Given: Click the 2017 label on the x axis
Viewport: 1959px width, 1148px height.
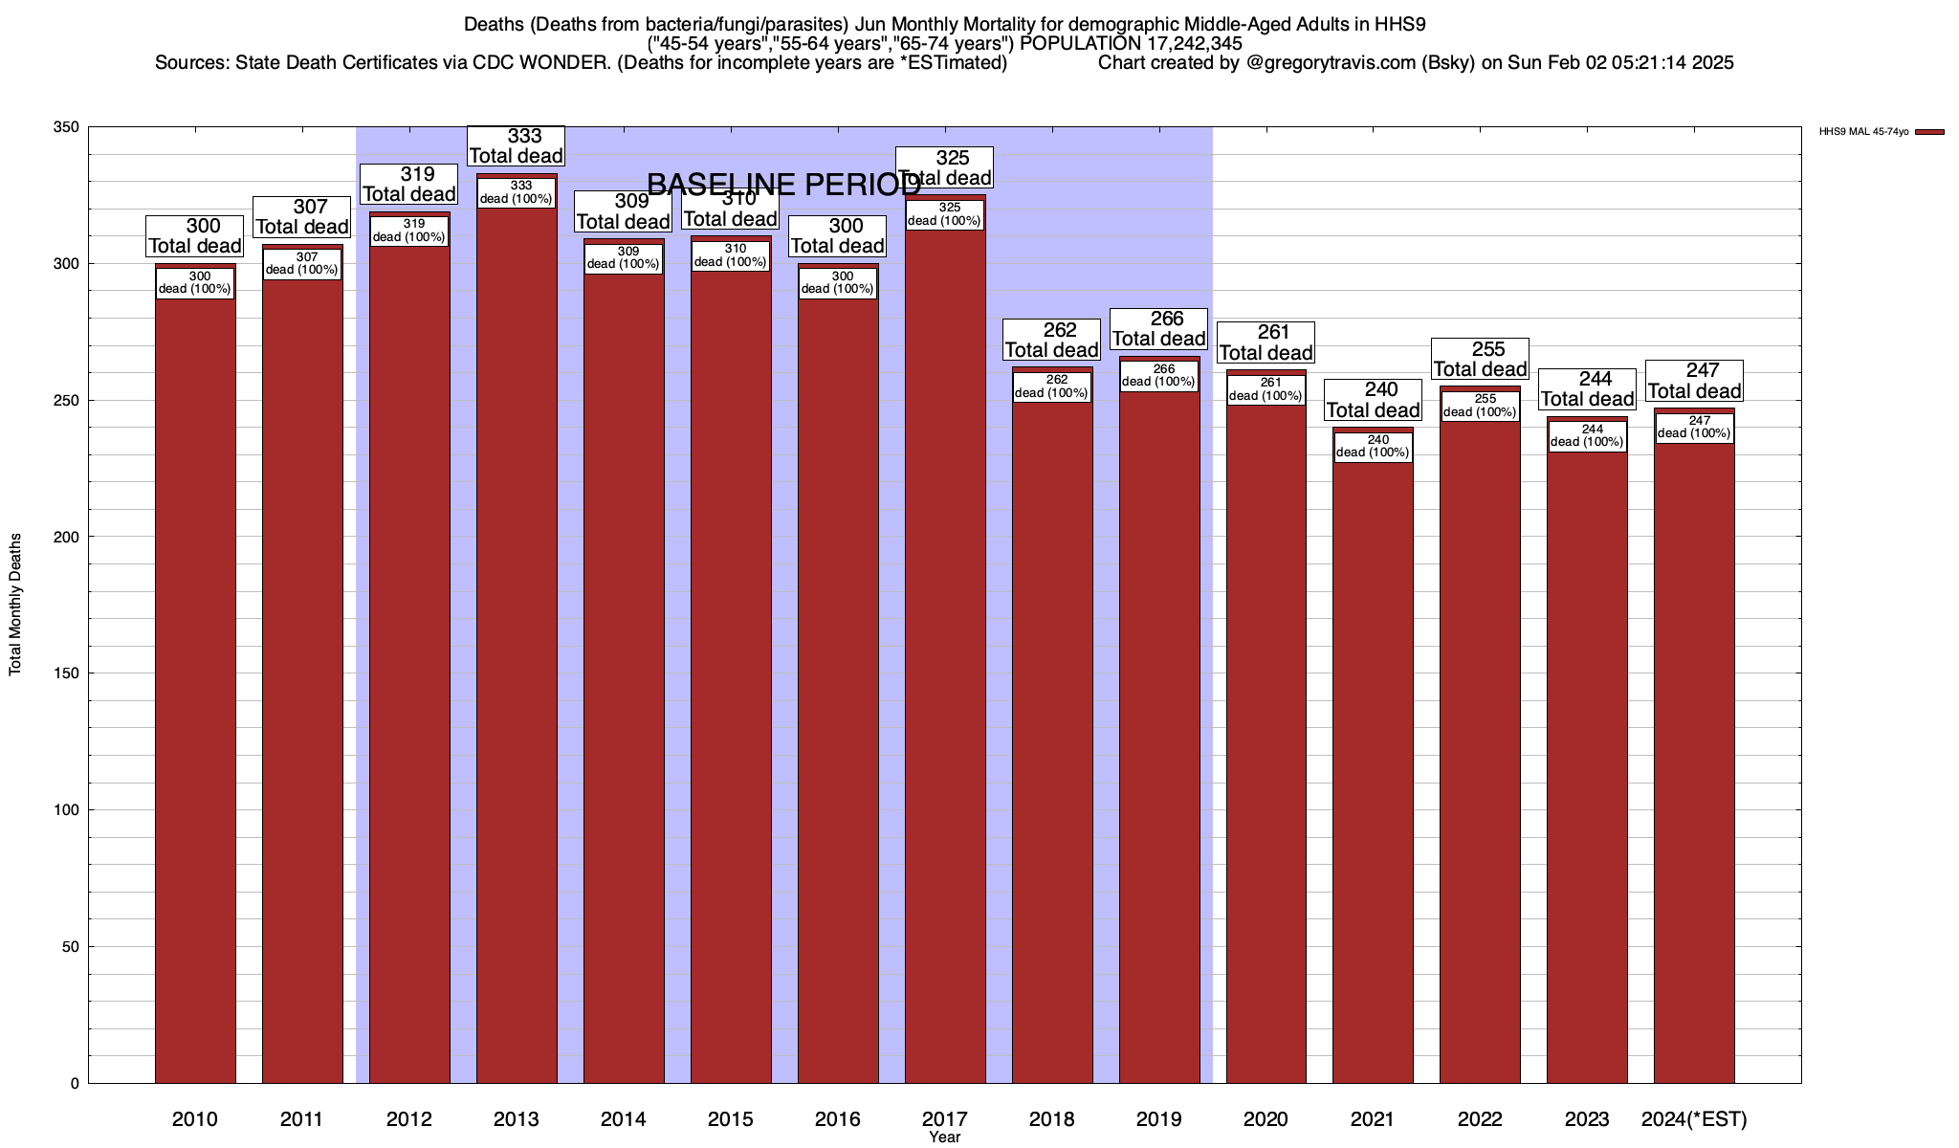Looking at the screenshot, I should (944, 1118).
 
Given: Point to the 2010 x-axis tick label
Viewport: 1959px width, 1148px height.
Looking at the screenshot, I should (195, 1118).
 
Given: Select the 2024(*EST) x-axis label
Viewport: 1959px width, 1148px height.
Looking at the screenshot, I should (1694, 1118).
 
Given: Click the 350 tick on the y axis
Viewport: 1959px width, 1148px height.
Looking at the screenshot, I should (67, 127).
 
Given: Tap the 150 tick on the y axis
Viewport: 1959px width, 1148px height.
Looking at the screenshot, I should (67, 673).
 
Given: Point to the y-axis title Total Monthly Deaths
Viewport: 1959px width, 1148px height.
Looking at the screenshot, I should (15, 605).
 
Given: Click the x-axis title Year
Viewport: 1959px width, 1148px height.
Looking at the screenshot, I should (944, 1137).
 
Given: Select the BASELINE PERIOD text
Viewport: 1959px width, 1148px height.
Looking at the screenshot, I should (784, 185).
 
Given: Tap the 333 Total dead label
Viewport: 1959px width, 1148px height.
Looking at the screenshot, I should (517, 146).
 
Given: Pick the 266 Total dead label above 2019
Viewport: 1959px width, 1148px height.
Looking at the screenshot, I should (1159, 329).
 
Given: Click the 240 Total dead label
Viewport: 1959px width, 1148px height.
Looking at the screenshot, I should (1374, 400).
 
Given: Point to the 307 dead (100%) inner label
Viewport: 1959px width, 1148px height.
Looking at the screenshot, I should (302, 263).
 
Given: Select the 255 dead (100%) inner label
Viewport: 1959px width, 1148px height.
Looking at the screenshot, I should (1480, 406).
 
